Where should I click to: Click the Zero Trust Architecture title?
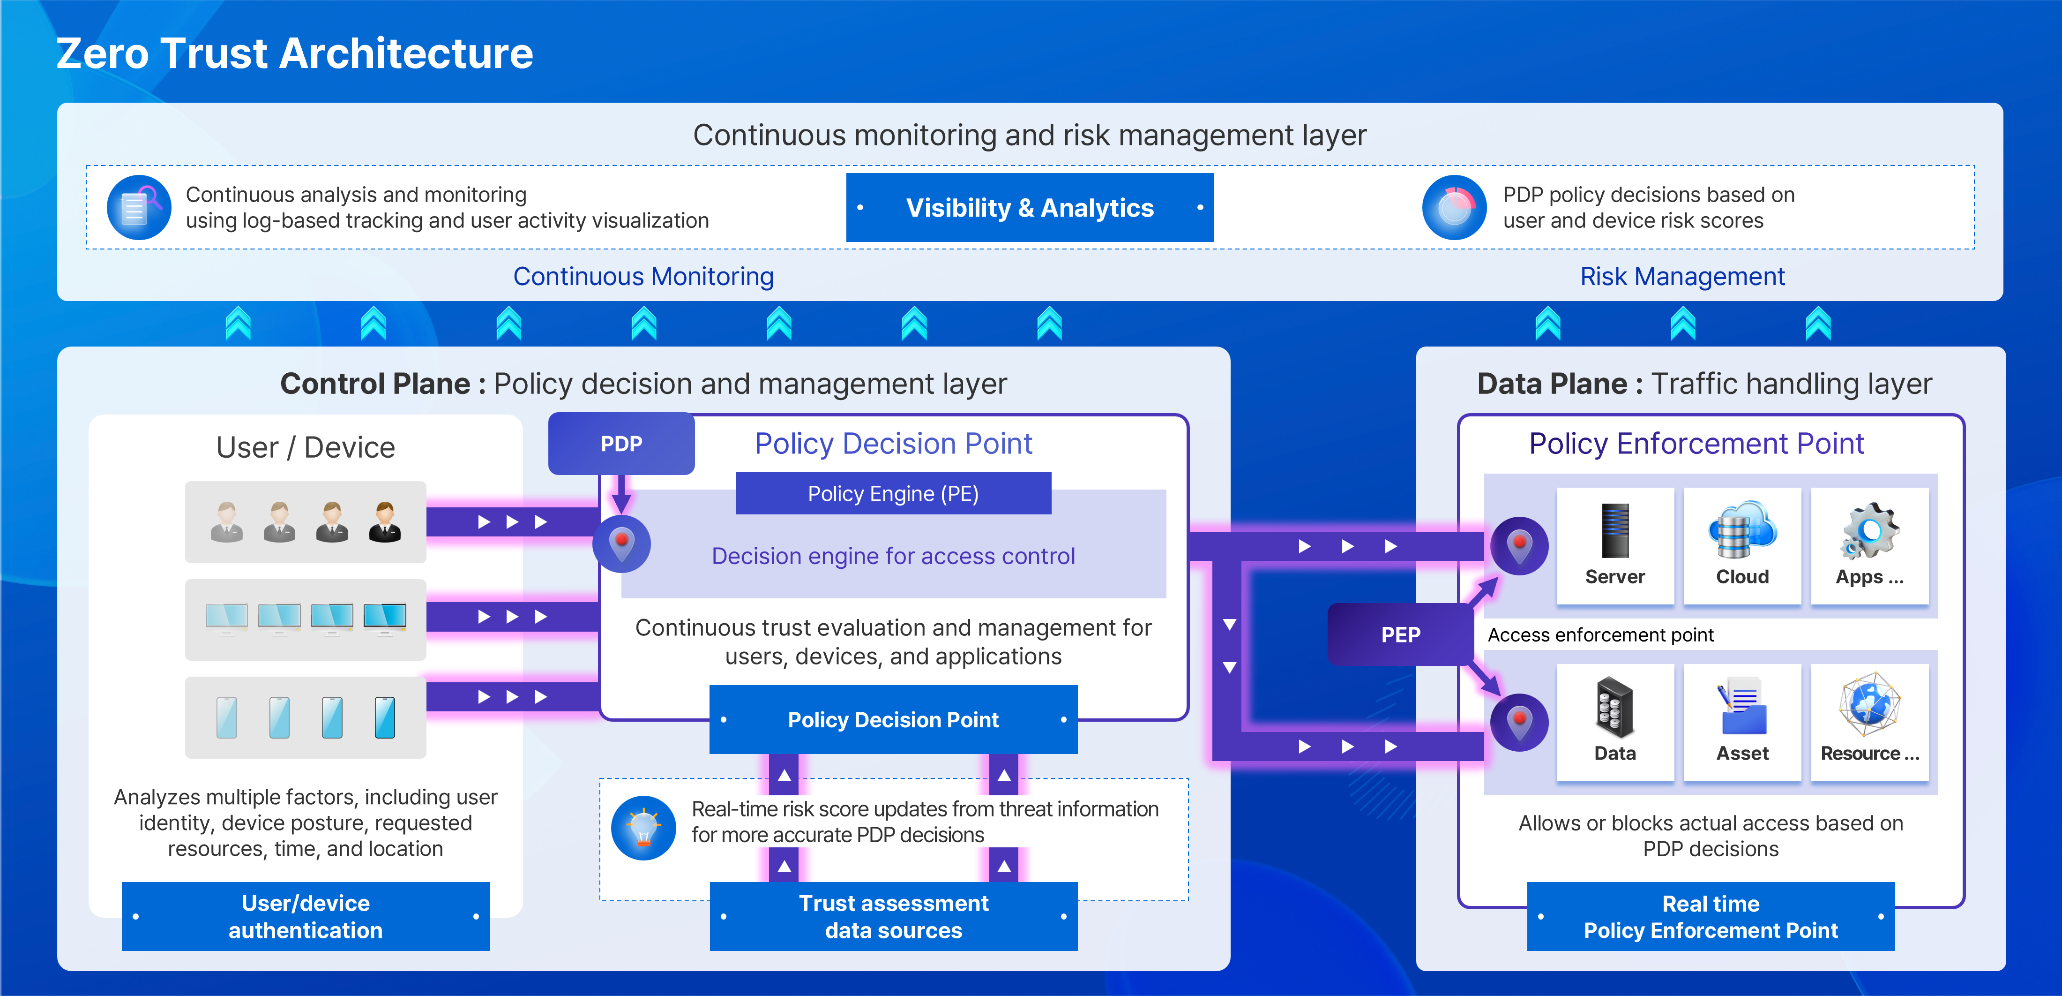tap(295, 53)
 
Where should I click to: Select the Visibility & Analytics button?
tap(1030, 207)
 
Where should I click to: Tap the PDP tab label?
tap(621, 444)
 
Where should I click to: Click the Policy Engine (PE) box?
tap(893, 493)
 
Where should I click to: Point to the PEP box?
tap(1400, 634)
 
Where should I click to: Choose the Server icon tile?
tap(1614, 546)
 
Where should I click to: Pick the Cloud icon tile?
tap(1742, 546)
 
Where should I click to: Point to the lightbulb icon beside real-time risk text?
tap(643, 828)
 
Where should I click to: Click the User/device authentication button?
tap(306, 917)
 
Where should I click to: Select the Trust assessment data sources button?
tap(893, 917)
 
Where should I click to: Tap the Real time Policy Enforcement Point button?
tap(1711, 917)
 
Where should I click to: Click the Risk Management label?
tap(1682, 276)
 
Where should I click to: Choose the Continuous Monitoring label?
tap(643, 276)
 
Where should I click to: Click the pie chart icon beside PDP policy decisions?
tap(1455, 207)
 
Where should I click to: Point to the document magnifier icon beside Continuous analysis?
tap(138, 207)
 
